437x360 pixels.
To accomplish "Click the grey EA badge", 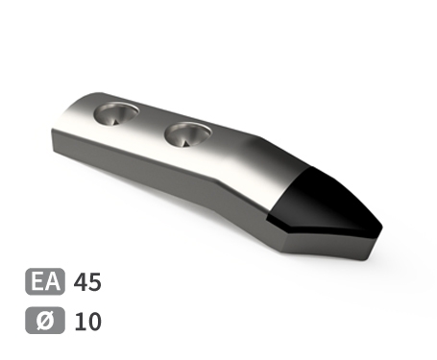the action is [x=45, y=281].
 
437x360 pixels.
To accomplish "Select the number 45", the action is [x=87, y=282].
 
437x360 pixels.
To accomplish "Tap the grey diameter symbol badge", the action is [x=45, y=321].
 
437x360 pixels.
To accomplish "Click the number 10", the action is [x=87, y=322].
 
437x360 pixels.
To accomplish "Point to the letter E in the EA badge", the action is [x=37, y=281].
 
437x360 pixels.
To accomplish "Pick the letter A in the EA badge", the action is [x=53, y=281].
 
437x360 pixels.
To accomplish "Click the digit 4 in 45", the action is [x=80, y=282].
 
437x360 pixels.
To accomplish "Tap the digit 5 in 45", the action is [x=95, y=282].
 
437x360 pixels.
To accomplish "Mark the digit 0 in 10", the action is [x=94, y=322].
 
